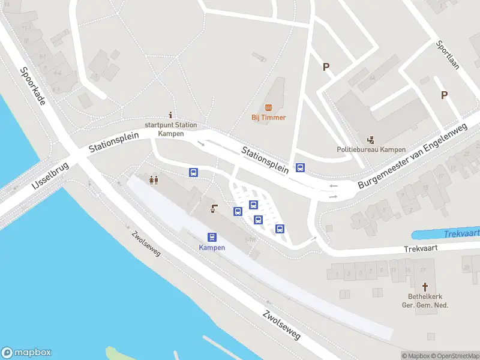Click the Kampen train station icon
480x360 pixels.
click(x=212, y=237)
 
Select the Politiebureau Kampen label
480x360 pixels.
click(x=371, y=149)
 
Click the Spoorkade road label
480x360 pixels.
click(x=34, y=86)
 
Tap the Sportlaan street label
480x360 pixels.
click(x=448, y=55)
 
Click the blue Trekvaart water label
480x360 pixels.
click(x=463, y=233)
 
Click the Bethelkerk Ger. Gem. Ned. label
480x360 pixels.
click(x=425, y=301)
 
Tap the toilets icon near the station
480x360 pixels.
click(x=154, y=179)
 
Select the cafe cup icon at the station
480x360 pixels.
click(x=214, y=209)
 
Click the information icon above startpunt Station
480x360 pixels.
click(x=171, y=115)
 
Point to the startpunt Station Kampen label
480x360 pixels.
click(x=170, y=129)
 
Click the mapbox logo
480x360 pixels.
click(x=26, y=353)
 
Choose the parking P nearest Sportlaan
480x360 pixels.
click(x=445, y=95)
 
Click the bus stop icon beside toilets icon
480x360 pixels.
click(x=193, y=173)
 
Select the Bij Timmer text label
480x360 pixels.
click(x=268, y=118)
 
